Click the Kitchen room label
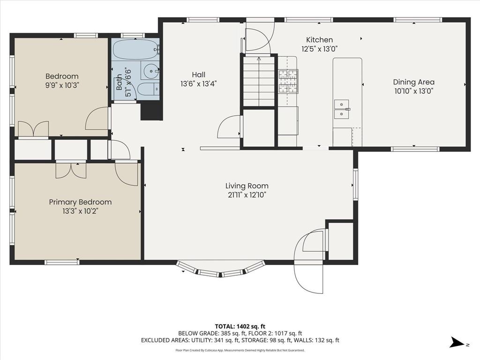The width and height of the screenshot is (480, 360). tap(319, 40)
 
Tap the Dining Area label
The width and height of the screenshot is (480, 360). tap(413, 82)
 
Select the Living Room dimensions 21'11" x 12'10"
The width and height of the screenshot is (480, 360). tap(247, 195)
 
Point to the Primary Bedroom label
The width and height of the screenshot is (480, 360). tap(80, 202)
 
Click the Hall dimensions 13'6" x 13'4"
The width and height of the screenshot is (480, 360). tap(198, 83)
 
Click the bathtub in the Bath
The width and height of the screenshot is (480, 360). tap(135, 48)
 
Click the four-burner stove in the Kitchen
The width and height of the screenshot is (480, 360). tap(287, 75)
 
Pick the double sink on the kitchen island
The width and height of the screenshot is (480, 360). tap(342, 109)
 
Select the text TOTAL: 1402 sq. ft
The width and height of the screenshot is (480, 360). tap(240, 326)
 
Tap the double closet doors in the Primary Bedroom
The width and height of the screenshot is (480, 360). tap(71, 170)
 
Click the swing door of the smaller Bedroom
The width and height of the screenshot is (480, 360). tap(97, 119)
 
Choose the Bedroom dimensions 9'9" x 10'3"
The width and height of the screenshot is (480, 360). tap(62, 85)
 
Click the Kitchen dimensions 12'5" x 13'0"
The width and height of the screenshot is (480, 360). tap(319, 48)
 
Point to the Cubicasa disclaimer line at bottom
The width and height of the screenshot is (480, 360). tap(240, 350)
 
